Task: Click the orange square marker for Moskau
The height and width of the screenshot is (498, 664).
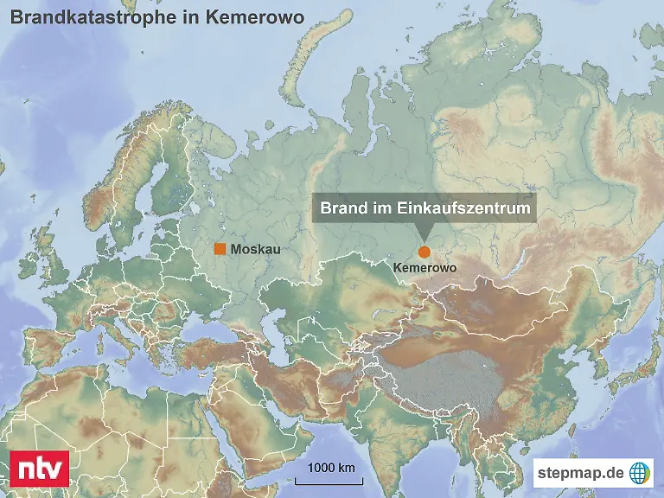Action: (220, 249)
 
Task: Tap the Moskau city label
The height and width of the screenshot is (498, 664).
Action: (255, 249)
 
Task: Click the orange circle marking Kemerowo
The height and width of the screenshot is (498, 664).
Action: (424, 252)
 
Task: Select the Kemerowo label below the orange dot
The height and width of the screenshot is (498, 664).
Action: (424, 269)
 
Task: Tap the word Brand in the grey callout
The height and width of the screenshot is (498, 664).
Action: (341, 208)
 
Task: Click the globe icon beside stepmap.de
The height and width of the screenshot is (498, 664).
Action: (640, 472)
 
